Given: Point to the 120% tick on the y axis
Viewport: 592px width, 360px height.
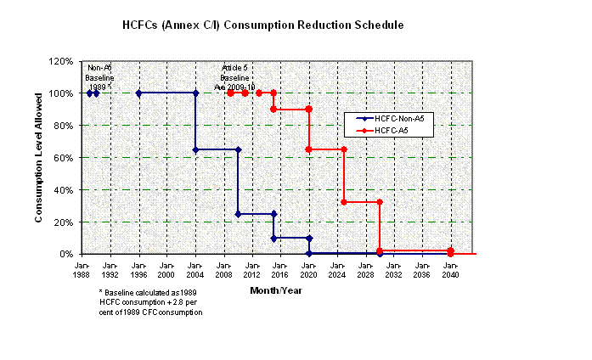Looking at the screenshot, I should tap(62, 61).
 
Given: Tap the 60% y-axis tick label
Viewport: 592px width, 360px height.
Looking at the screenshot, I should tap(65, 158).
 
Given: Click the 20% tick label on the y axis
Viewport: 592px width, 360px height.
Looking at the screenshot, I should tap(65, 222).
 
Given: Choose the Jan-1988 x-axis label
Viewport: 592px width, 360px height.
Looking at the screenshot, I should tap(82, 270).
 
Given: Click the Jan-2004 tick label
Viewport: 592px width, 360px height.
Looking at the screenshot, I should tap(195, 270).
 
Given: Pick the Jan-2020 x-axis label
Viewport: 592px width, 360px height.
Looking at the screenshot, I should tap(308, 270).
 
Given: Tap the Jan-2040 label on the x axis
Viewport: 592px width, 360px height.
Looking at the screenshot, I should tap(450, 270).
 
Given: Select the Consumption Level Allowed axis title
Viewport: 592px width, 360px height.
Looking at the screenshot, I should tap(39, 158).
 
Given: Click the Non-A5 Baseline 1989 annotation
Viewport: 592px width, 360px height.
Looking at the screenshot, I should tap(99, 77).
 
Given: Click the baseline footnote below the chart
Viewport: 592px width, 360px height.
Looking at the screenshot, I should tap(150, 302).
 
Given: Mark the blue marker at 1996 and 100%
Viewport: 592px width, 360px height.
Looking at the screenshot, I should tap(138, 93).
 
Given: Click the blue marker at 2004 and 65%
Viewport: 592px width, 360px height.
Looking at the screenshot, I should tap(196, 149).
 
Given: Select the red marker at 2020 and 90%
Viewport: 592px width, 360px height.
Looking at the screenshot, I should tap(308, 110).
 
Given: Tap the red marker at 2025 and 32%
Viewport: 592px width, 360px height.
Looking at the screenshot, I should tap(344, 202).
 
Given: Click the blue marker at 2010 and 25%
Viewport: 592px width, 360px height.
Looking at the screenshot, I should tap(238, 214).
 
